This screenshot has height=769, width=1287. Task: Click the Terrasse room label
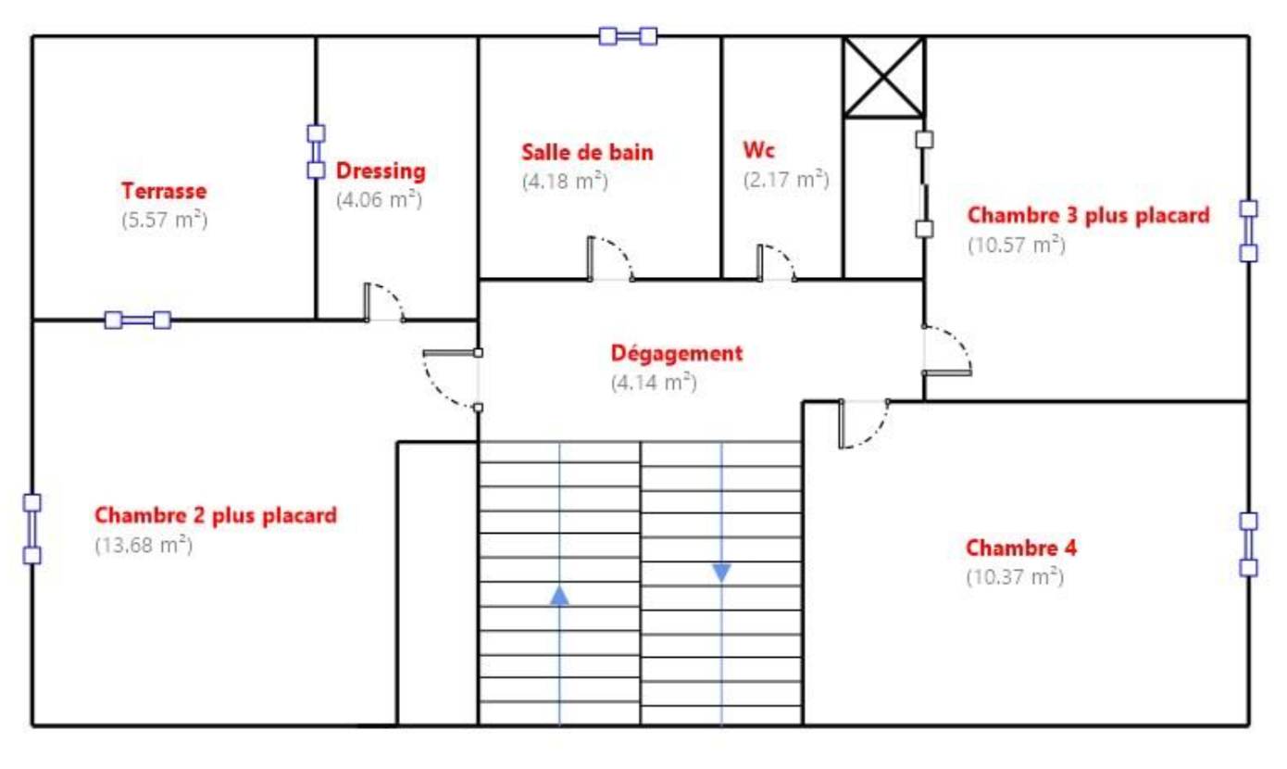click(x=164, y=191)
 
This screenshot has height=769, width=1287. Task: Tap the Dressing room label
click(x=381, y=171)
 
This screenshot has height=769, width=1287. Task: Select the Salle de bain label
click(x=587, y=152)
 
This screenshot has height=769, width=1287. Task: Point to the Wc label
click(x=758, y=150)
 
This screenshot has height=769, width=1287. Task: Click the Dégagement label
click(x=676, y=353)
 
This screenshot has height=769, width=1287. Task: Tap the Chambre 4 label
click(x=1021, y=548)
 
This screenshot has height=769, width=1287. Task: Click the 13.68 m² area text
click(x=144, y=545)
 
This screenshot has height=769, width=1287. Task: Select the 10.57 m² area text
click(x=1017, y=245)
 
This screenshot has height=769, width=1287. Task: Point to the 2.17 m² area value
click(x=786, y=180)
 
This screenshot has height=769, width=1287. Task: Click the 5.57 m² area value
click(x=164, y=221)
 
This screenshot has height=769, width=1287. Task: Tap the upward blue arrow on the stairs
click(x=559, y=596)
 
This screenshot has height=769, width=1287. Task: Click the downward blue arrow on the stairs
click(x=721, y=573)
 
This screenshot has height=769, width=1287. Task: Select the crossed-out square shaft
click(x=883, y=77)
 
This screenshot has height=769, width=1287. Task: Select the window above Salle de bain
click(x=628, y=36)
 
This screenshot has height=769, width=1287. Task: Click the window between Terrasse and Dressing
click(x=316, y=152)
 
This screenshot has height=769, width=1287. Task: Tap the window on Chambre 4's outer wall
click(x=1248, y=544)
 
